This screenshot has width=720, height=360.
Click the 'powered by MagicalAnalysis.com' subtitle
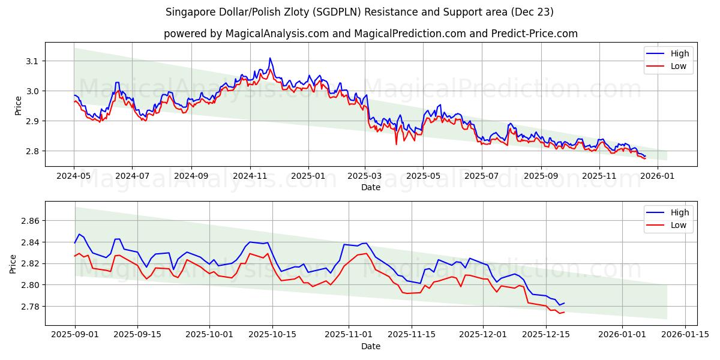(x=370, y=34)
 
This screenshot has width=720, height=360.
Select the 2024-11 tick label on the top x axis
(x=250, y=176)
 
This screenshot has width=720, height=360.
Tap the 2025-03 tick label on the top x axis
(x=365, y=176)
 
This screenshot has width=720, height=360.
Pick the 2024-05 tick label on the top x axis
(x=74, y=176)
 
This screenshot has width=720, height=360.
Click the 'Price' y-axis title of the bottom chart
(x=13, y=263)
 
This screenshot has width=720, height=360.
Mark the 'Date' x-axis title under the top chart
(x=370, y=187)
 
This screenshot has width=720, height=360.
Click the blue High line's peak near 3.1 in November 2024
(x=270, y=58)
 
